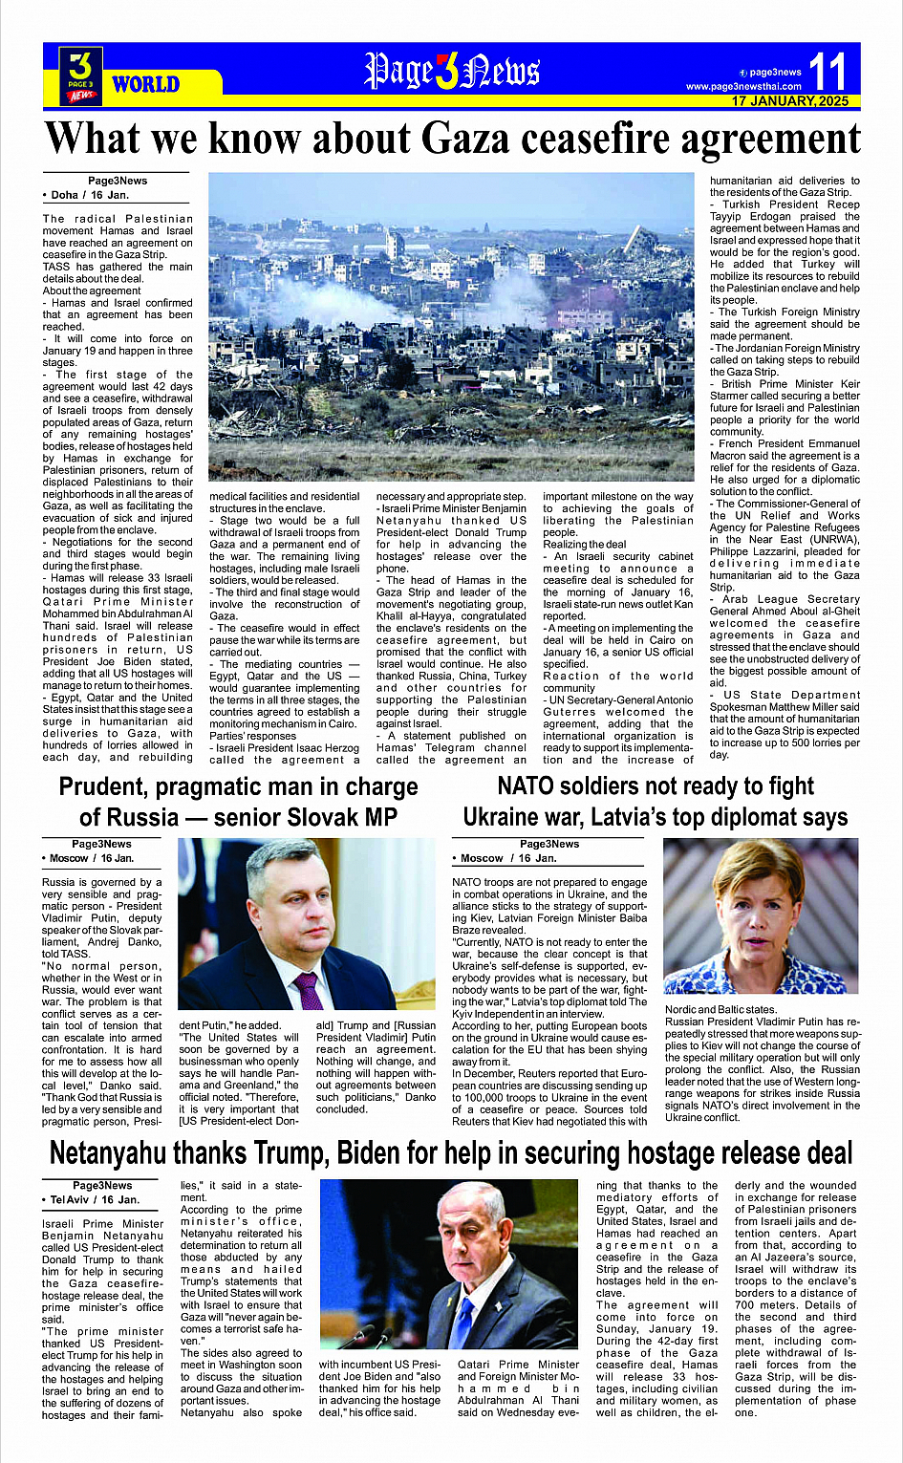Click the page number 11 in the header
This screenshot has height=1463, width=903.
(828, 71)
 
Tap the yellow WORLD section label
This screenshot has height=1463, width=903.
(145, 84)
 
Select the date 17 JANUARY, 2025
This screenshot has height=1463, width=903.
(790, 101)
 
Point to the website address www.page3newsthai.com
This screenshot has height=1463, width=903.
(743, 87)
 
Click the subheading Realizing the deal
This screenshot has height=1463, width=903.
(585, 545)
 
